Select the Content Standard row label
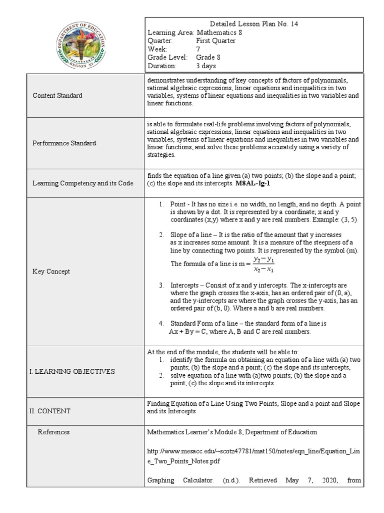(57, 95)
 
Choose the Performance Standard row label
(64, 143)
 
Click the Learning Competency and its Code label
(82, 183)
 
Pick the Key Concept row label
(51, 271)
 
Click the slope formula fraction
(263, 264)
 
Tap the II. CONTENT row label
(50, 411)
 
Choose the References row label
(53, 432)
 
